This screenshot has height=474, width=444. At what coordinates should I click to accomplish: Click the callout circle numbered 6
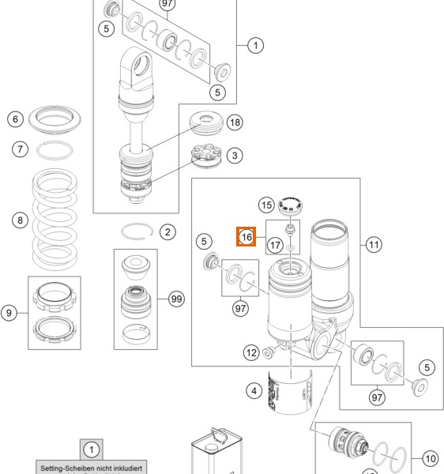pyautogui.click(x=15, y=119)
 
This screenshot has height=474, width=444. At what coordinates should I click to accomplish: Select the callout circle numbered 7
pyautogui.click(x=21, y=149)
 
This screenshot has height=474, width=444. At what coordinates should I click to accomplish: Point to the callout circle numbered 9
pyautogui.click(x=9, y=313)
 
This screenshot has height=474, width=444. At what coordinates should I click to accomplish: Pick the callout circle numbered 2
pyautogui.click(x=167, y=231)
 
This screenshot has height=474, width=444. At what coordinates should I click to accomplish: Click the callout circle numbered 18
pyautogui.click(x=235, y=122)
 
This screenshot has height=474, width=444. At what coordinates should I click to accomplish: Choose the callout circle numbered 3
pyautogui.click(x=235, y=156)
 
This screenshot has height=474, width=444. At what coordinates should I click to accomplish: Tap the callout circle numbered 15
pyautogui.click(x=268, y=205)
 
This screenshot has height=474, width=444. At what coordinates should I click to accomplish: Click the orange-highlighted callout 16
pyautogui.click(x=246, y=236)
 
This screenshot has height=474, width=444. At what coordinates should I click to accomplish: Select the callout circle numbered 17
pyautogui.click(x=274, y=245)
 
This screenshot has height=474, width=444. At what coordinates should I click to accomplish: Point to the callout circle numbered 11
pyautogui.click(x=373, y=245)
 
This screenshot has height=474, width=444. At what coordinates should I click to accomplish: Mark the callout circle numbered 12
pyautogui.click(x=251, y=352)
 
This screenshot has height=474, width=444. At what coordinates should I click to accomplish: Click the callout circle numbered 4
pyautogui.click(x=254, y=390)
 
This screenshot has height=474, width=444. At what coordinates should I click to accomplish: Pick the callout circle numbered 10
pyautogui.click(x=429, y=457)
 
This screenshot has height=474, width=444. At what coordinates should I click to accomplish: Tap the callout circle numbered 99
pyautogui.click(x=175, y=299)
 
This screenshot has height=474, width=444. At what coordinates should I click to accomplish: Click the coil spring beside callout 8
pyautogui.click(x=63, y=221)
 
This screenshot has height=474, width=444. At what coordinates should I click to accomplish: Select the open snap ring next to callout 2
pyautogui.click(x=137, y=231)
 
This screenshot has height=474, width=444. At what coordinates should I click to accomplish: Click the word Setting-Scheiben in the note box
pyautogui.click(x=65, y=468)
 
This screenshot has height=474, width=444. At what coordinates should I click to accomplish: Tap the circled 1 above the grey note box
pyautogui.click(x=91, y=450)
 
